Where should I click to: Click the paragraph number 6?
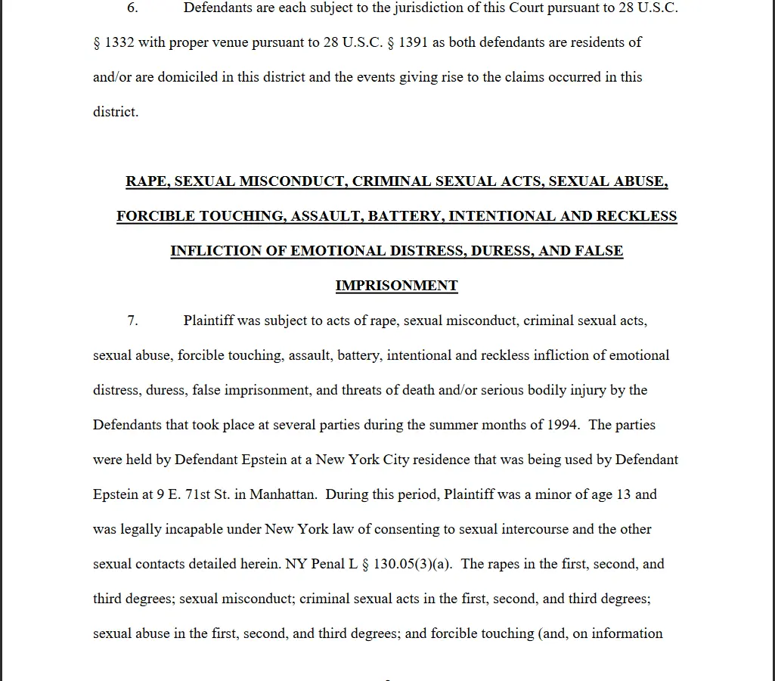click(x=132, y=8)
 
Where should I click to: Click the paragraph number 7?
click(x=132, y=320)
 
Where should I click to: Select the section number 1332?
click(x=119, y=42)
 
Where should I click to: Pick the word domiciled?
click(x=188, y=77)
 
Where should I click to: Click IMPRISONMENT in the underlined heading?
click(x=396, y=286)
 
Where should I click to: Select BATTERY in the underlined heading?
click(x=405, y=216)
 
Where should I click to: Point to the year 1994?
click(x=563, y=425)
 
